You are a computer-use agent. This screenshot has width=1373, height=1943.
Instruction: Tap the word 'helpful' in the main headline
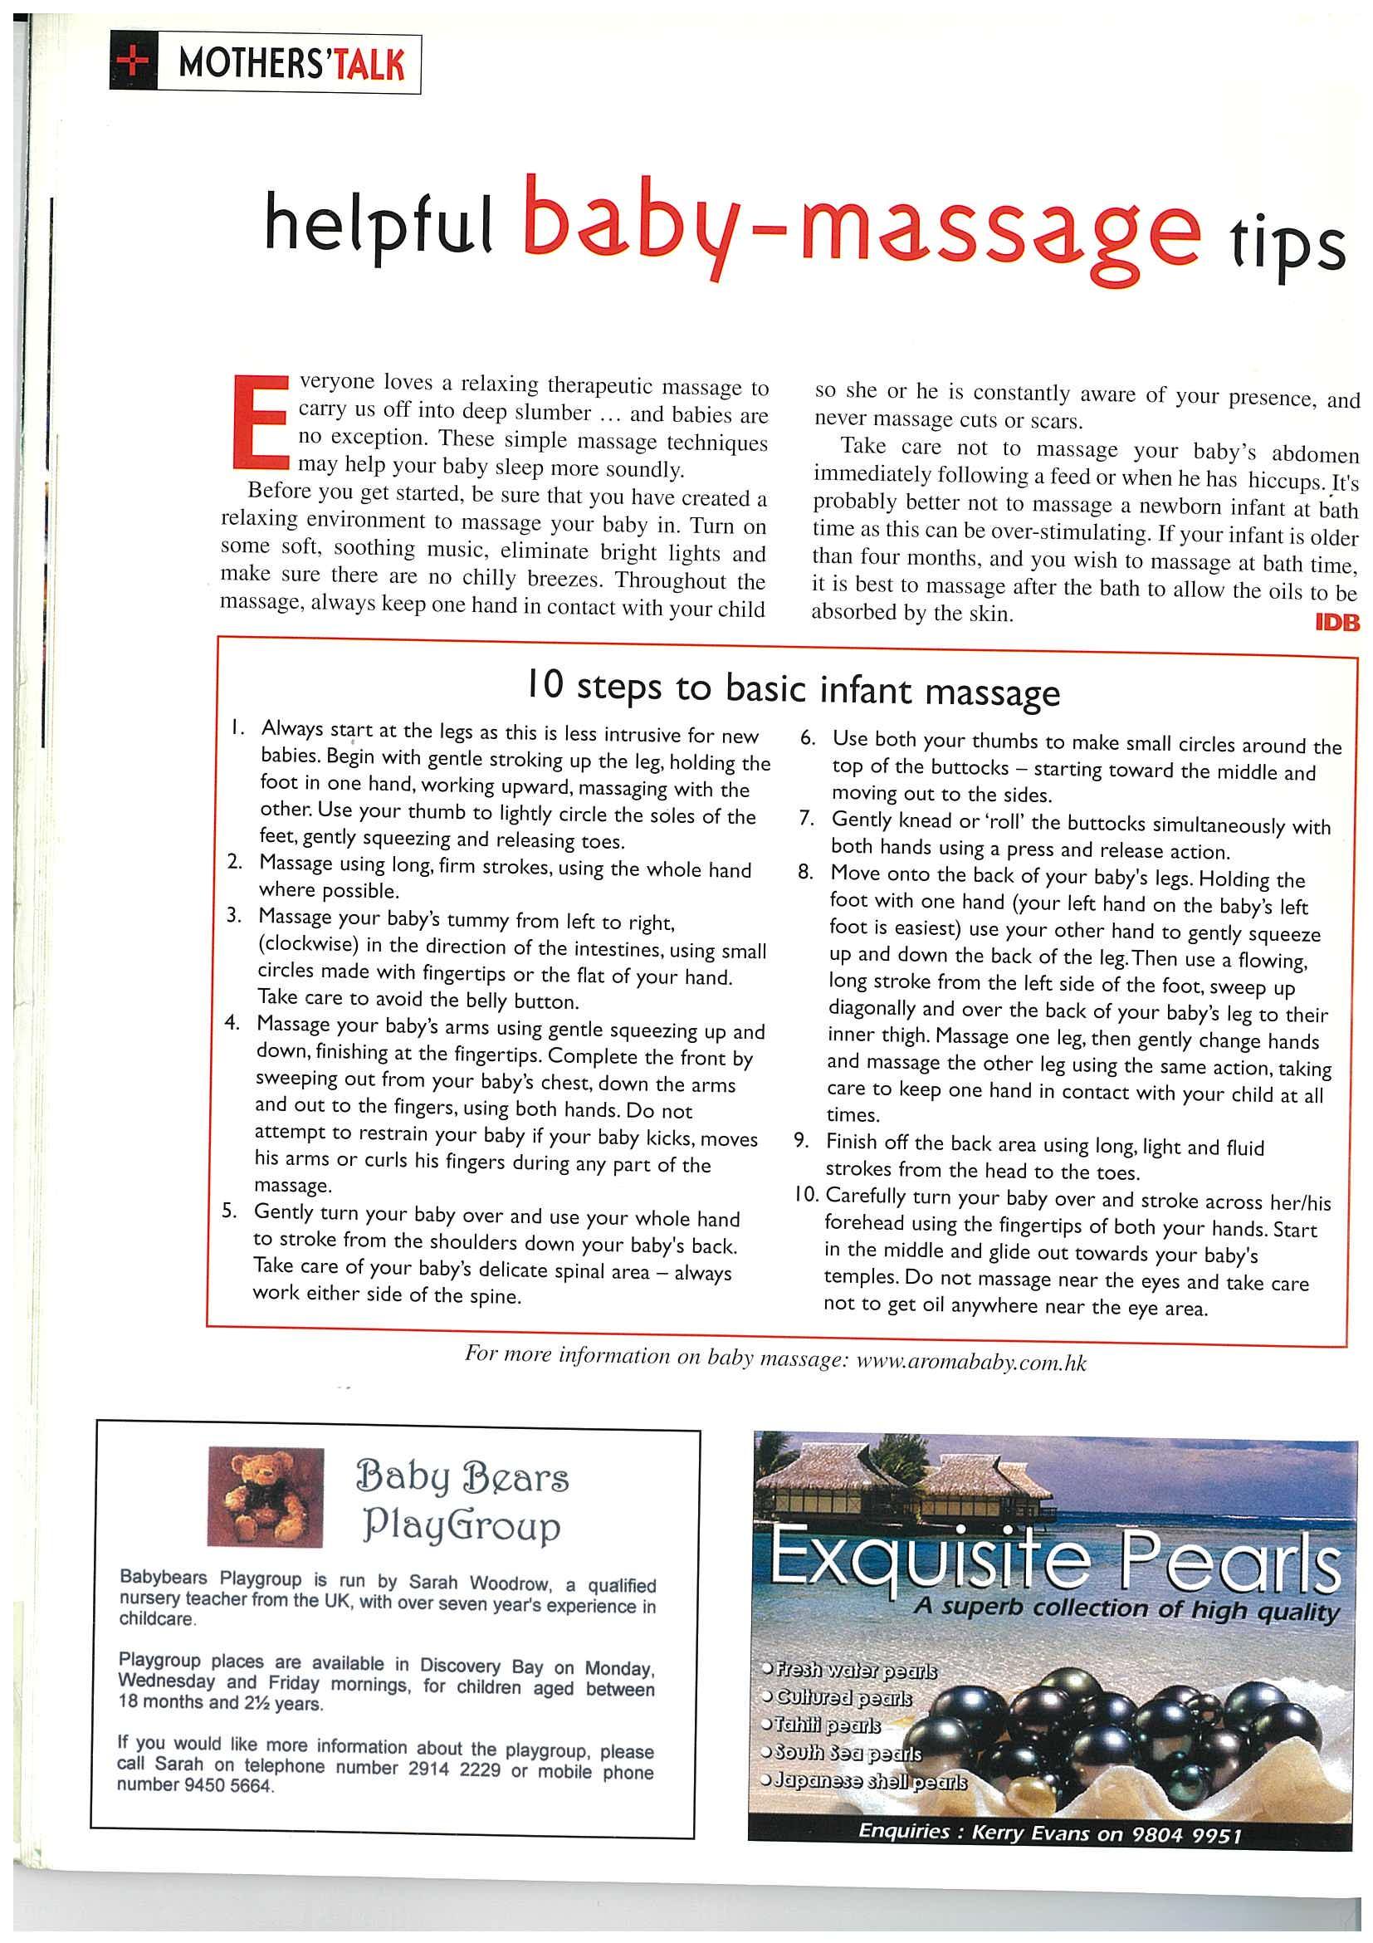coord(379,226)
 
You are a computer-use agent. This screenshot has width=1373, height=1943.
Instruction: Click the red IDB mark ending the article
coord(1336,624)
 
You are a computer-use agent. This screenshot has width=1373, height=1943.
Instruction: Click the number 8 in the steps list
coord(804,872)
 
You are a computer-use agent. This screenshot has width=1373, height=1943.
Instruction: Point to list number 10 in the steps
coord(804,1195)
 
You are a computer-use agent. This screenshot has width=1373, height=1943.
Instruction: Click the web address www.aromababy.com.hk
coord(971,1363)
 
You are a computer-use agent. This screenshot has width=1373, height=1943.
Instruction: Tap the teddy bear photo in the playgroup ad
coord(265,1496)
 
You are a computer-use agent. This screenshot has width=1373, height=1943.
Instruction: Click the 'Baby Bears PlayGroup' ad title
coord(461,1502)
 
